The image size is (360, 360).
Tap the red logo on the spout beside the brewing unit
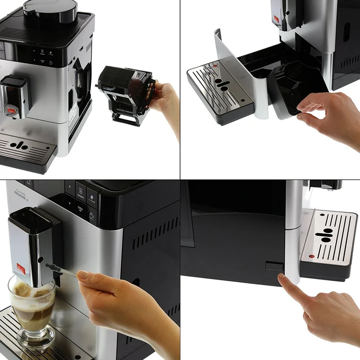pyautogui.click(x=9, y=111)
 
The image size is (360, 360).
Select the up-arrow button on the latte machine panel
pyautogui.click(x=70, y=188)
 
